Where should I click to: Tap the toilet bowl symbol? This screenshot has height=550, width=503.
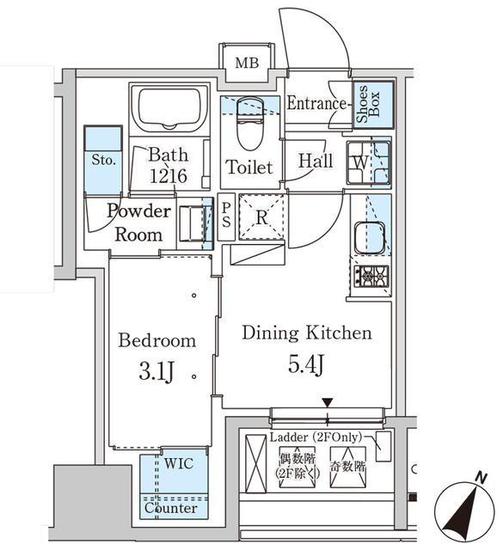248,131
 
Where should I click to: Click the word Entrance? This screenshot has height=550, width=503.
316,104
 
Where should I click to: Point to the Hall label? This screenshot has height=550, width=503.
316,161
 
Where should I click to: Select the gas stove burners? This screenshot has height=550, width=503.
371,276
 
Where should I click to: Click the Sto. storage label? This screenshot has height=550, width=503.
104,160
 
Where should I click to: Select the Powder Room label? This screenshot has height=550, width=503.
138,222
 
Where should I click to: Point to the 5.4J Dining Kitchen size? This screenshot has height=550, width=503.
306,364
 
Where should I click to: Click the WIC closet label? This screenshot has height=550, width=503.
179,463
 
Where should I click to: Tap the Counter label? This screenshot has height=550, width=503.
170,508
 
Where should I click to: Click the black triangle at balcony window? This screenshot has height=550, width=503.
327,402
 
